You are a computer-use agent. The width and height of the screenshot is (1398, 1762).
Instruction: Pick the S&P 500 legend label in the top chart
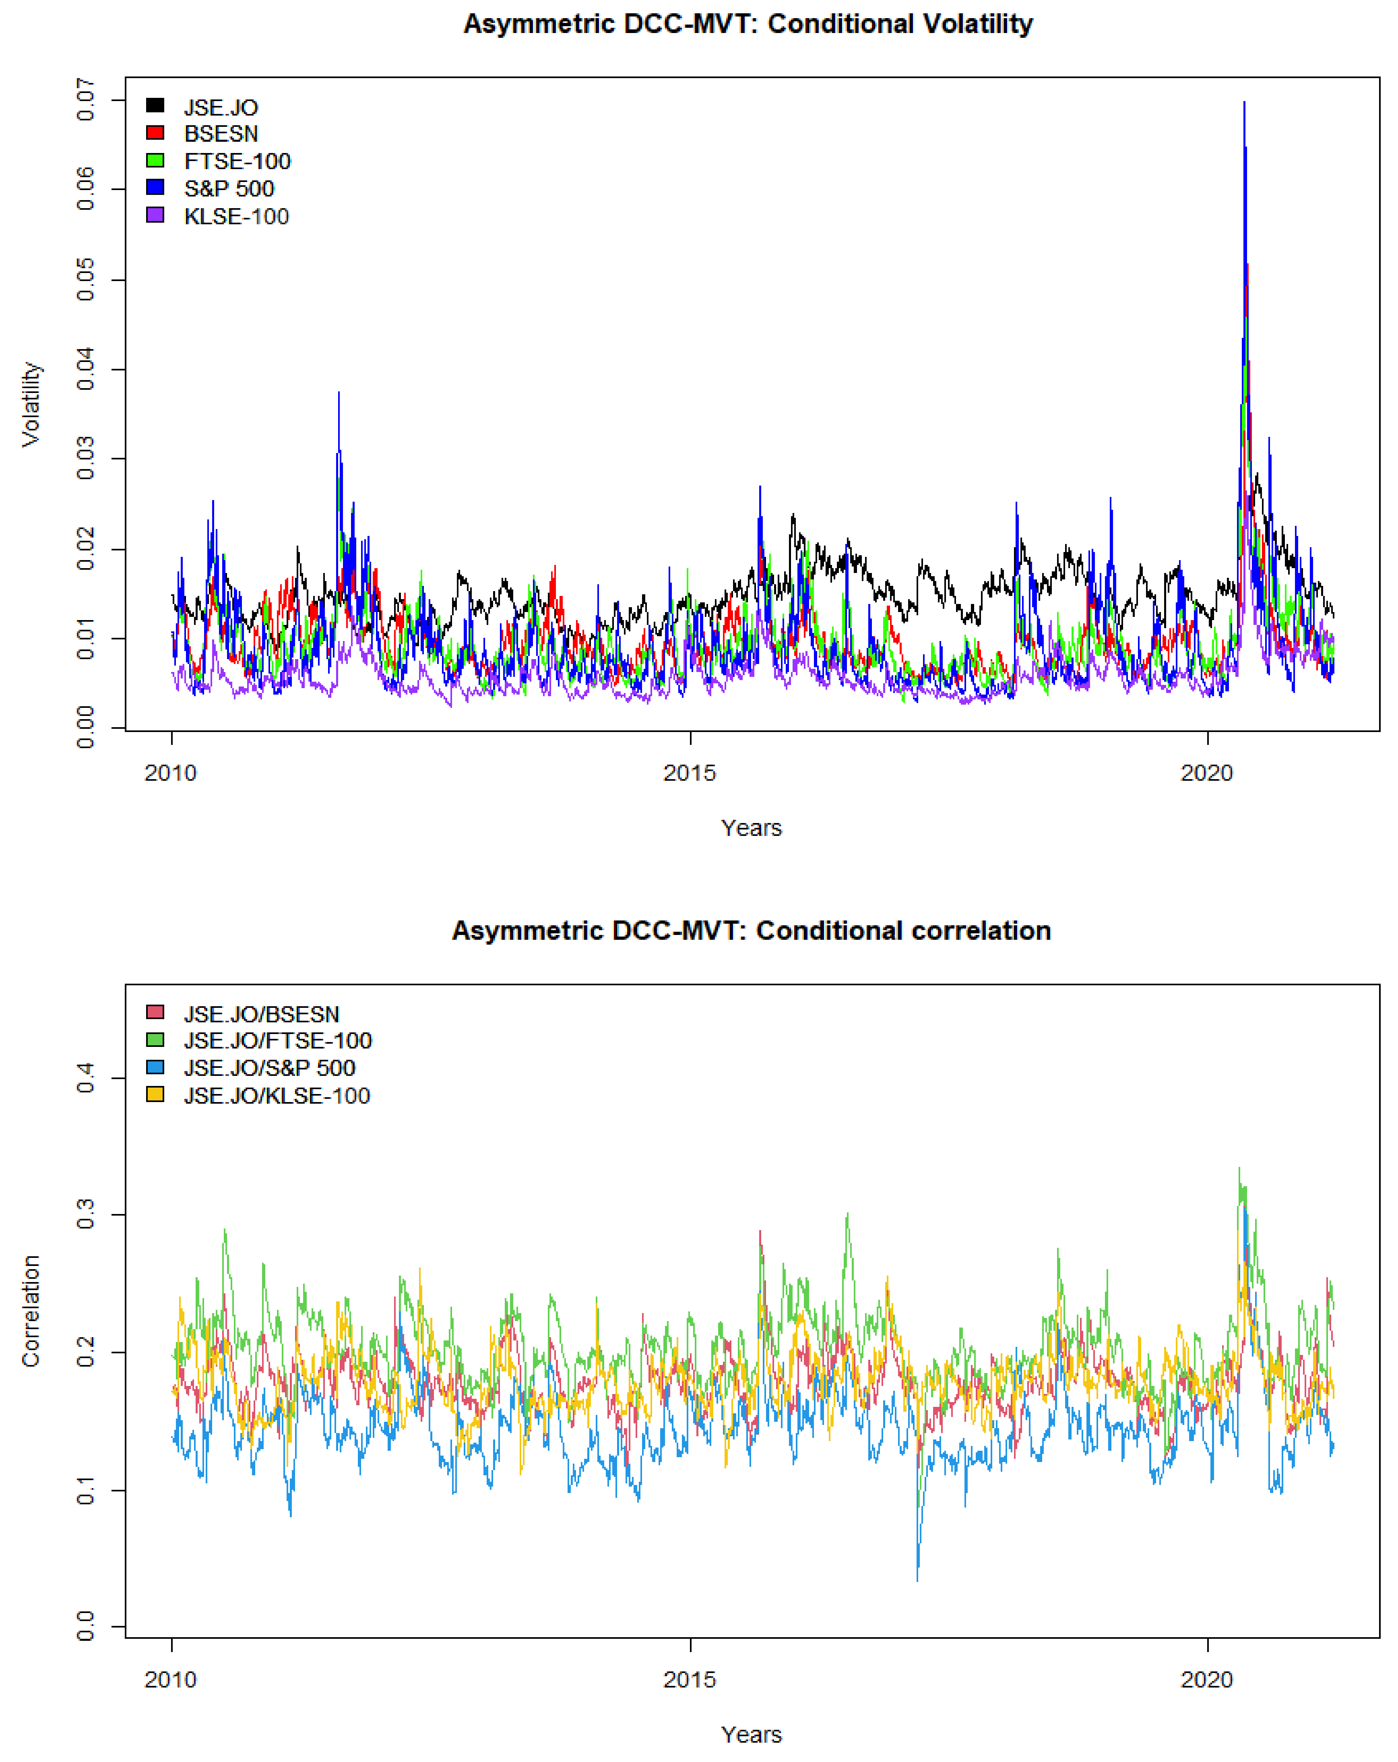[229, 189]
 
